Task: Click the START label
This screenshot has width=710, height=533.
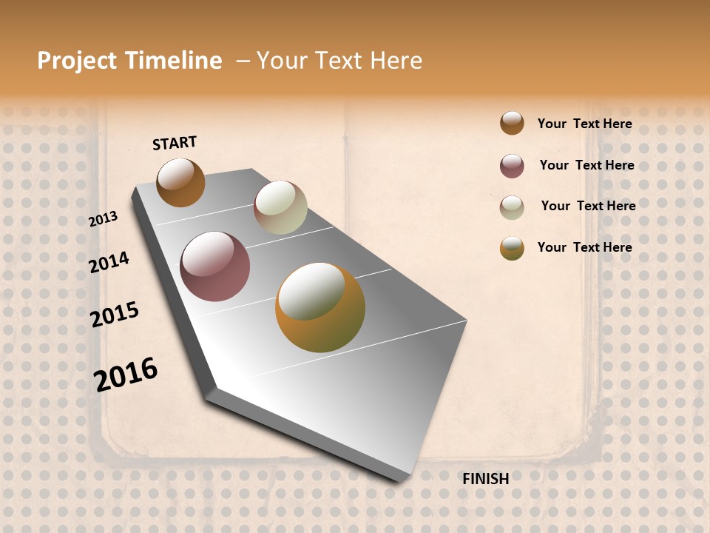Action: [x=175, y=143]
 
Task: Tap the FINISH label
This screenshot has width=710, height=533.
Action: [x=485, y=479]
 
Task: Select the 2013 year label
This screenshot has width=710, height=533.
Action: [x=104, y=219]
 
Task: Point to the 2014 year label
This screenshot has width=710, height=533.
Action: [x=109, y=262]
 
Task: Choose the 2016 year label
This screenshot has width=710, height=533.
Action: [x=126, y=374]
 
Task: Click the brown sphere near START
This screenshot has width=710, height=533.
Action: [x=180, y=182]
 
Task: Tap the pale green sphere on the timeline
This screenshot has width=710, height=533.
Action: [x=280, y=207]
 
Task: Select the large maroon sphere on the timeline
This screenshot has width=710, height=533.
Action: [x=214, y=266]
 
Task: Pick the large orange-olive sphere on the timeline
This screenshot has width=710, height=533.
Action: [x=319, y=307]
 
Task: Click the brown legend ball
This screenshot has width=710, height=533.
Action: [x=512, y=124]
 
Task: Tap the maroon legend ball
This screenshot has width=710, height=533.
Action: [x=512, y=166]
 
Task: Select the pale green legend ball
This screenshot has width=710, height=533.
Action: [x=512, y=207]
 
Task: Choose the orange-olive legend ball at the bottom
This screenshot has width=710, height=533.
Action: [x=512, y=248]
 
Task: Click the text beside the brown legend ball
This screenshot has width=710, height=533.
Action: [x=584, y=124]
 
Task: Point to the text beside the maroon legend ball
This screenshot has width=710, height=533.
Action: [x=586, y=165]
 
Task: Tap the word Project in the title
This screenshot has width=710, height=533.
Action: [x=77, y=61]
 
